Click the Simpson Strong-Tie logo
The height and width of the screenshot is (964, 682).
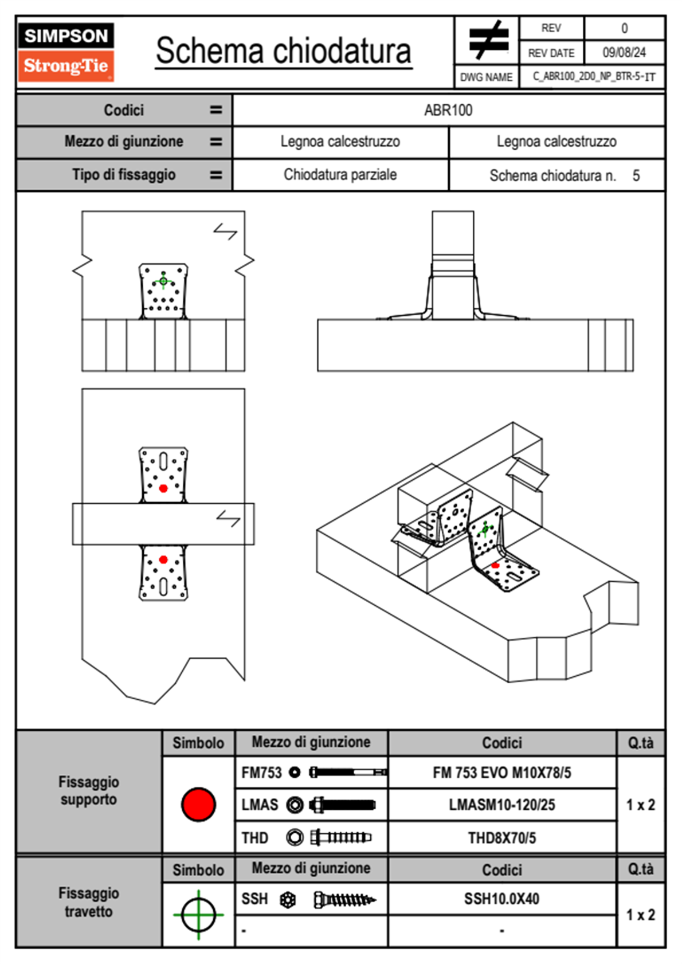pyautogui.click(x=66, y=52)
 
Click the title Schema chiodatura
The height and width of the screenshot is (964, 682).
pyautogui.click(x=284, y=51)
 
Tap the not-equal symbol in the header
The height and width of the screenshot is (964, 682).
pyautogui.click(x=488, y=40)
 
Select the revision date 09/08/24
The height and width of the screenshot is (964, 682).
pyautogui.click(x=624, y=53)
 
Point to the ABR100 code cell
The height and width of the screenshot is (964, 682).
pyautogui.click(x=448, y=110)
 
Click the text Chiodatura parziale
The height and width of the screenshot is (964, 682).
pyautogui.click(x=340, y=175)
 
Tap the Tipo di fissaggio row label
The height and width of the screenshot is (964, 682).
pyautogui.click(x=124, y=175)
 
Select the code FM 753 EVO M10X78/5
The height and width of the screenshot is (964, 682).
pyautogui.click(x=501, y=773)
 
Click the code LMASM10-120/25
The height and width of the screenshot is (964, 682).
pyautogui.click(x=501, y=805)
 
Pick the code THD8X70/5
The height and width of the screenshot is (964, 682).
pyautogui.click(x=501, y=838)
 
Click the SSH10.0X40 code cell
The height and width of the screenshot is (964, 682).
pyautogui.click(x=501, y=899)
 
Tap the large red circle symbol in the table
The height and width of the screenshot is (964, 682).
pyautogui.click(x=198, y=804)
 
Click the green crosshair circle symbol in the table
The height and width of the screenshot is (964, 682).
pyautogui.click(x=198, y=915)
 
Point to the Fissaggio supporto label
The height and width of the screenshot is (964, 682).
pyautogui.click(x=89, y=790)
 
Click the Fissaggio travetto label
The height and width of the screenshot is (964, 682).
pyautogui.click(x=89, y=902)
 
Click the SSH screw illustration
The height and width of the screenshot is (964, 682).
pyautogui.click(x=345, y=899)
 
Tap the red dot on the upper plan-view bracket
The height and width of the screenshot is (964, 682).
pyautogui.click(x=163, y=488)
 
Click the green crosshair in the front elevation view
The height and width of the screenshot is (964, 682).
pyautogui.click(x=163, y=281)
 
